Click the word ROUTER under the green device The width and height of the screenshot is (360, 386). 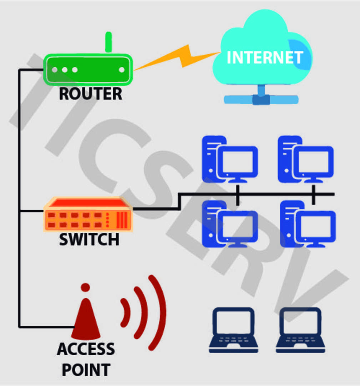(90, 94)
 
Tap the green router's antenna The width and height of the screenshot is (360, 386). (108, 42)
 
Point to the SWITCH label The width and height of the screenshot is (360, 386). (89, 240)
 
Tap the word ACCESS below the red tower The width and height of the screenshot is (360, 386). (86, 349)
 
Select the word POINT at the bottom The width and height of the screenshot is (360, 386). (86, 370)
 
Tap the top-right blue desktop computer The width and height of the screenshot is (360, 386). (305, 159)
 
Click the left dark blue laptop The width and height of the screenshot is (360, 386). (233, 330)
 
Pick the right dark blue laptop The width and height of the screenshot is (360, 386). (300, 330)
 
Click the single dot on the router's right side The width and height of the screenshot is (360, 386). (122, 70)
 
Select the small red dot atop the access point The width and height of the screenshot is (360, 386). (85, 287)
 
